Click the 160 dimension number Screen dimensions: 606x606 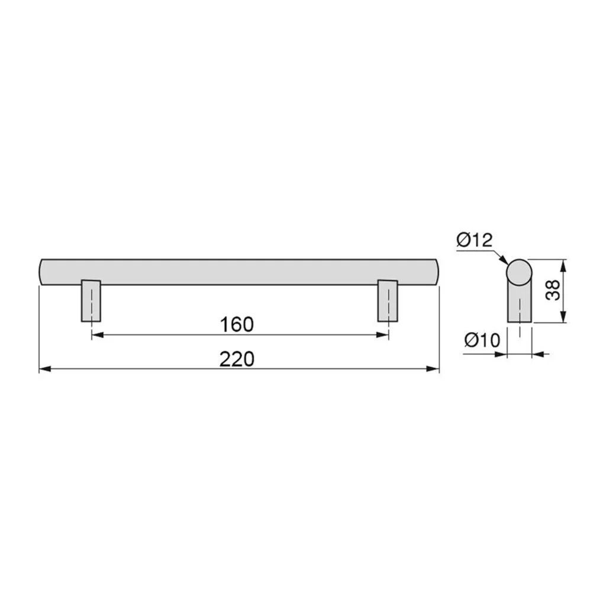tap(237, 325)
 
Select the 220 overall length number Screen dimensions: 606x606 tap(237, 359)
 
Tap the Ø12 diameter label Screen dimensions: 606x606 tap(475, 240)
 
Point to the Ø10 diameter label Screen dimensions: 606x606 tap(482, 340)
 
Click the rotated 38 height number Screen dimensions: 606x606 tap(553, 290)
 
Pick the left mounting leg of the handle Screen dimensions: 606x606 tap(91, 301)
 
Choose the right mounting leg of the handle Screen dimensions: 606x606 tap(388, 301)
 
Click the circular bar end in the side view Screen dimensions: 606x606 tap(520, 272)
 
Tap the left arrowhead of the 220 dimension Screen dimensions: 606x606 tap(45, 369)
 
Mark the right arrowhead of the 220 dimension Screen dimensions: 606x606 tap(433, 369)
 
